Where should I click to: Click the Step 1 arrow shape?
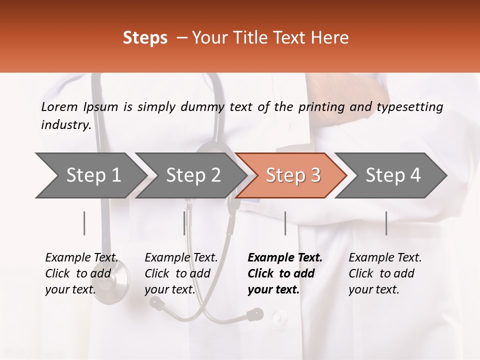[x=90, y=175]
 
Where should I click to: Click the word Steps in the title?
[x=145, y=38]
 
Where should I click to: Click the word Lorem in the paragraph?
[x=59, y=106]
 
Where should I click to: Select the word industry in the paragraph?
[x=65, y=124]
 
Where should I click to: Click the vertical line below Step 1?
[x=84, y=223]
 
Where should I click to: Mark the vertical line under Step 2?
[x=184, y=223]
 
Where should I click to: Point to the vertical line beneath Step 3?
[x=285, y=223]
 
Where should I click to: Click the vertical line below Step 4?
[x=386, y=223]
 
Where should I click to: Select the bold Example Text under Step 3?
[x=285, y=273]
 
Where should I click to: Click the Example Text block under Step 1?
[x=81, y=273]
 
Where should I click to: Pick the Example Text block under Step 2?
[x=181, y=273]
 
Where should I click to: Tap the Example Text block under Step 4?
[x=385, y=273]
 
